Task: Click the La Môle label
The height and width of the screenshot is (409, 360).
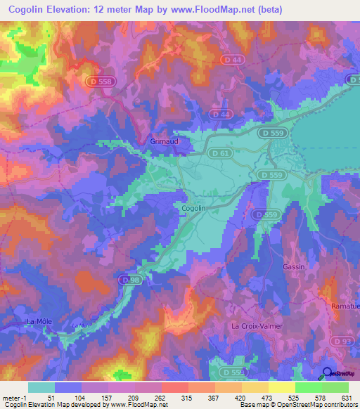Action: click(x=39, y=321)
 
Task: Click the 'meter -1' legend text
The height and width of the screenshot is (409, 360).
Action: click(x=13, y=397)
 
